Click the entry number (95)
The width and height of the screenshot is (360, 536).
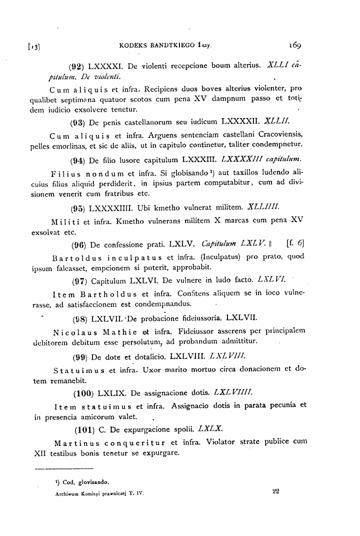coord(78,206)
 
